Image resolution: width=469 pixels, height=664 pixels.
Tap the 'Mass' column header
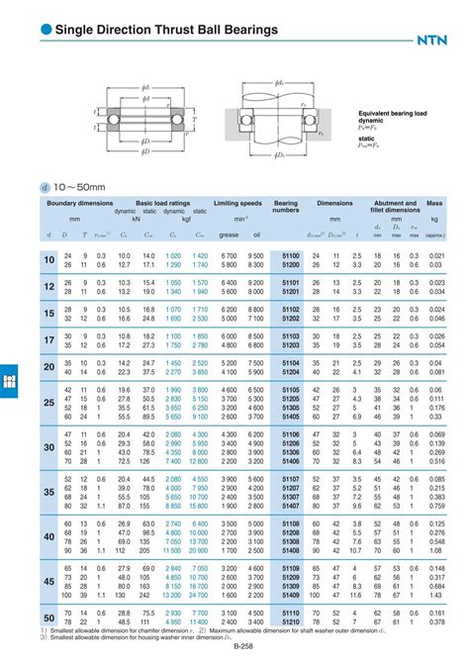[433, 202]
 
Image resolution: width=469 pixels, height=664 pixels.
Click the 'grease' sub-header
[229, 235]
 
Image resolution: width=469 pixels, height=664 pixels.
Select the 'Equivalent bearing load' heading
[394, 113]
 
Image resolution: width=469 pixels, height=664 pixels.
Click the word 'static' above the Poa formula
[366, 139]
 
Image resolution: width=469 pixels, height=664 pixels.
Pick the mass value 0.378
[435, 622]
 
